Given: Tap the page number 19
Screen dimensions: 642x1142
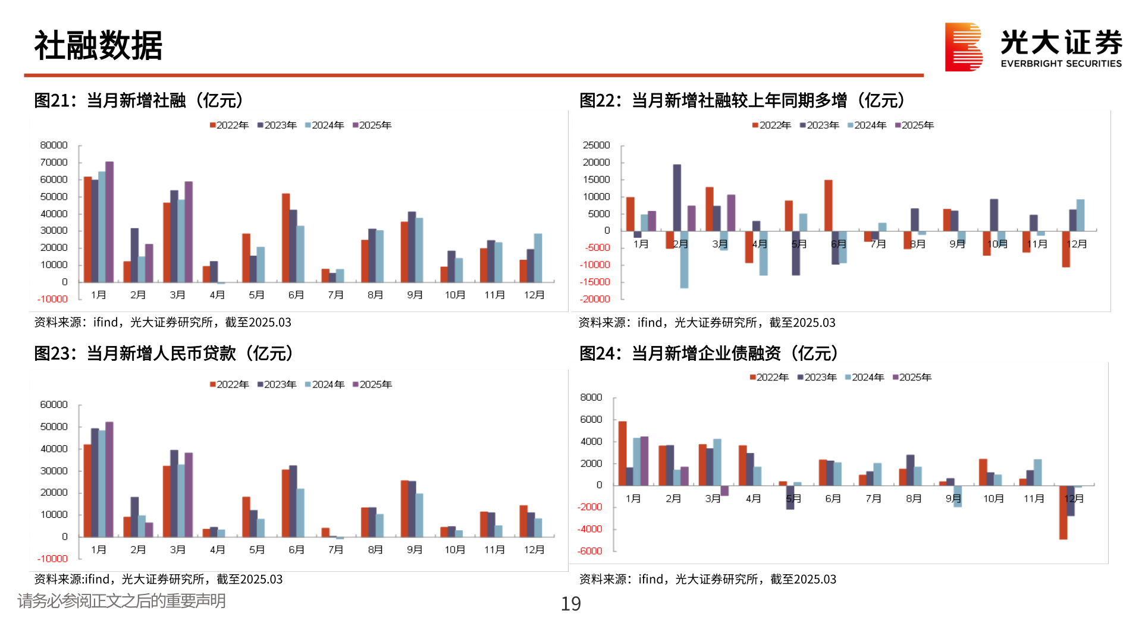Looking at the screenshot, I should (570, 604).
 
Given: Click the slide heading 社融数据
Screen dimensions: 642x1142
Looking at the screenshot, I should (98, 46).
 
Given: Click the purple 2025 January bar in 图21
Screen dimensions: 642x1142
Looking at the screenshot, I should (109, 221).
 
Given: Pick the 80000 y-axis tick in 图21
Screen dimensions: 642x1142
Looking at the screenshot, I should (54, 145).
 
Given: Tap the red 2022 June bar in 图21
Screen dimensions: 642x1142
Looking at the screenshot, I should (285, 238).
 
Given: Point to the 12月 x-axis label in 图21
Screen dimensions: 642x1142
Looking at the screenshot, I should (534, 295).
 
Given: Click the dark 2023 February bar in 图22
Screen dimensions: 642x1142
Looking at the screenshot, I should (677, 197).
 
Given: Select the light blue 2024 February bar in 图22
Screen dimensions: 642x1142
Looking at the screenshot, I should (684, 259).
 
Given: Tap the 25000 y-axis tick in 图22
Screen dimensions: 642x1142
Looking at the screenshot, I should (597, 145).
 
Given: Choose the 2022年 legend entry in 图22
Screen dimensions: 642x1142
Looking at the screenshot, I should (771, 125).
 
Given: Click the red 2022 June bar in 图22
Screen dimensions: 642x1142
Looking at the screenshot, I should (828, 205).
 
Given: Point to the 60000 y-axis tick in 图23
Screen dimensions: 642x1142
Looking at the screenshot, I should (54, 405).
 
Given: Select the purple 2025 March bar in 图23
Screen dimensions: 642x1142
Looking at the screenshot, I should (189, 495).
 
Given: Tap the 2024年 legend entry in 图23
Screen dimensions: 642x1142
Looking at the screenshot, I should (325, 385).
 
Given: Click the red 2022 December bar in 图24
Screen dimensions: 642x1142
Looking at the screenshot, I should (1063, 512).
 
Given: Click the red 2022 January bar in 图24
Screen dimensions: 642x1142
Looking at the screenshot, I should (622, 453).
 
